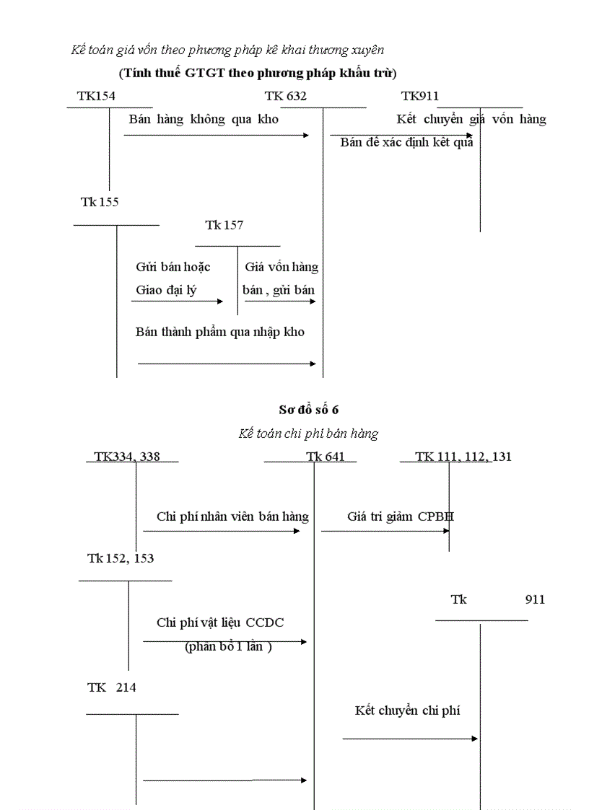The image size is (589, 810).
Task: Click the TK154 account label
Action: [x=96, y=97]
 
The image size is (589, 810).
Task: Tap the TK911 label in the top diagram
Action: [x=420, y=97]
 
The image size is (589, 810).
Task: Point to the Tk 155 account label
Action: [x=100, y=202]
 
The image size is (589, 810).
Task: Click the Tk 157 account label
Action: [x=224, y=225]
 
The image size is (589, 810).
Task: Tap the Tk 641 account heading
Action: [x=326, y=457]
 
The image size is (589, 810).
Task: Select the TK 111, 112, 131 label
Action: [x=463, y=457]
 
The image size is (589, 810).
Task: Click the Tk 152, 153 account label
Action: [x=121, y=558]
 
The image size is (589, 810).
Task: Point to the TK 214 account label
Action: [x=112, y=687]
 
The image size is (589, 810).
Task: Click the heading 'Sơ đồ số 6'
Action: [x=309, y=410]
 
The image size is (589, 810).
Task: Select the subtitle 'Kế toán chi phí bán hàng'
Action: [x=308, y=433]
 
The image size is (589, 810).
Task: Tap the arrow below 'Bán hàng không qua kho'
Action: [x=217, y=135]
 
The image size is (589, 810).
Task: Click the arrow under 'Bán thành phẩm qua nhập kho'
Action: [x=227, y=364]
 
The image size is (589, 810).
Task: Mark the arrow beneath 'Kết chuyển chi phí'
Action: [x=410, y=739]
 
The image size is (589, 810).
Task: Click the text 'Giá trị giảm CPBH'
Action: [x=401, y=516]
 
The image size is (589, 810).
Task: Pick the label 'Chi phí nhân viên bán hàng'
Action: [x=232, y=516]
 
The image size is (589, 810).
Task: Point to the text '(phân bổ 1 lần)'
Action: [x=228, y=646]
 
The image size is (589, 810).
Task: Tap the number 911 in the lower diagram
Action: [x=535, y=599]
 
